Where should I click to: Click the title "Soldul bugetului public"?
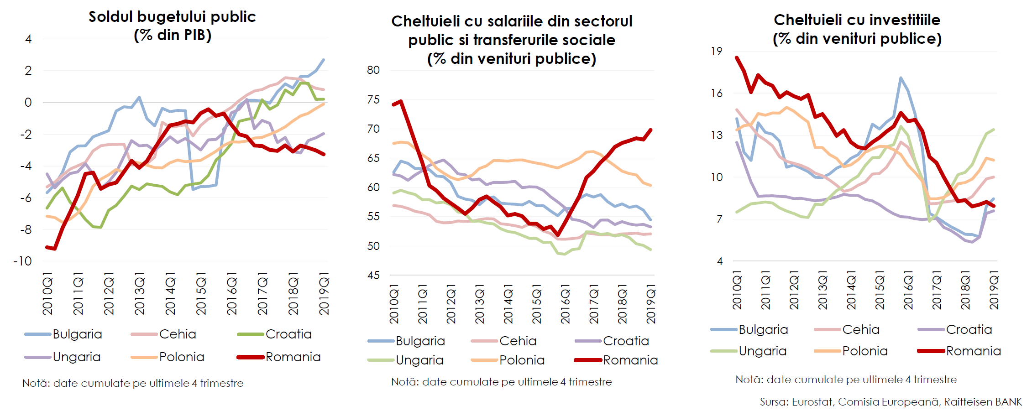172,17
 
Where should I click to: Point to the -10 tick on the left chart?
23,261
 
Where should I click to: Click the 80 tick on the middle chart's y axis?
373,70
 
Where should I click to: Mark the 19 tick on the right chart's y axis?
717,51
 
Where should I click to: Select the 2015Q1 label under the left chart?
201,294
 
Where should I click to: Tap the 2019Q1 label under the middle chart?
651,303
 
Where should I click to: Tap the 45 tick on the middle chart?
373,275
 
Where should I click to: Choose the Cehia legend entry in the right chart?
860,329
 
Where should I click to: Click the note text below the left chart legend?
133,383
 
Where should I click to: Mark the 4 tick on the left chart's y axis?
28,39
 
